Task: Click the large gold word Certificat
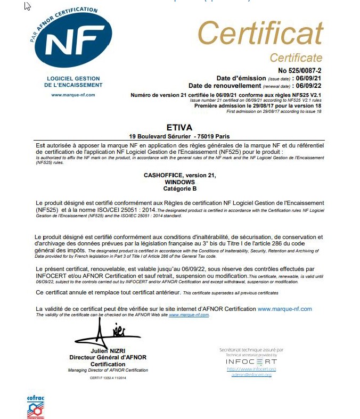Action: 260,35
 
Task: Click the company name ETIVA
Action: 179,128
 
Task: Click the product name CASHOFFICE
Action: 165,175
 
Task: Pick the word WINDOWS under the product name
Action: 180,182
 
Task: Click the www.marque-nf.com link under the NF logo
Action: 73,95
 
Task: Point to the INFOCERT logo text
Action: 251,362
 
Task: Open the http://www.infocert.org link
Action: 251,369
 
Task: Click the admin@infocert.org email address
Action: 251,375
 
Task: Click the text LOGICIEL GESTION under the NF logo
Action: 73,79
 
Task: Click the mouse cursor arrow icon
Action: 27,6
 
